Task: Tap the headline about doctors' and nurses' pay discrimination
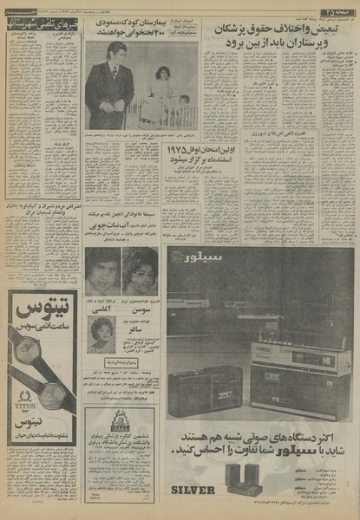click(286, 36)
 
